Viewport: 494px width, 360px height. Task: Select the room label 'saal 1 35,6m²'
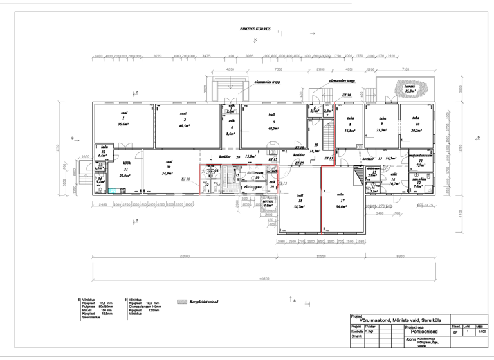click(x=122, y=118)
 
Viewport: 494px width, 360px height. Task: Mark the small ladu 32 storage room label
click(x=103, y=151)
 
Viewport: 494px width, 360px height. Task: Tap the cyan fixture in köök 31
click(x=113, y=190)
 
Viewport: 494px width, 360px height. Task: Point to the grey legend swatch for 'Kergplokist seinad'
click(x=181, y=300)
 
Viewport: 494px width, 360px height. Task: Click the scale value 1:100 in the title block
click(x=481, y=331)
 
